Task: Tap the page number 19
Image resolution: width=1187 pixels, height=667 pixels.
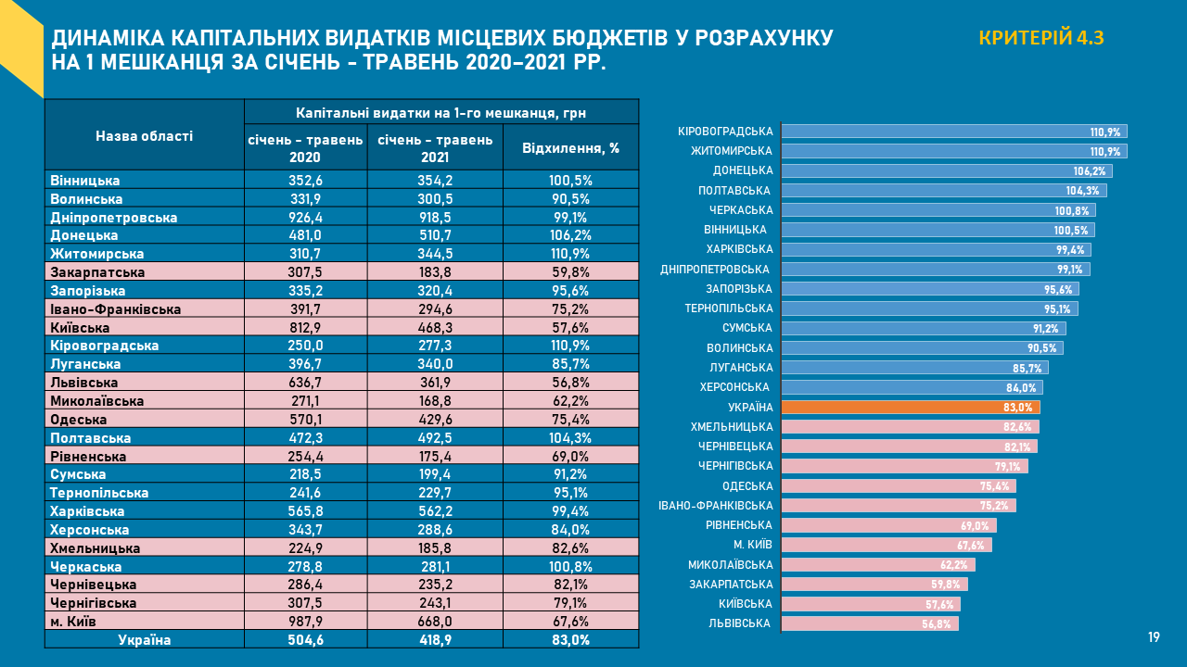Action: tap(1154, 637)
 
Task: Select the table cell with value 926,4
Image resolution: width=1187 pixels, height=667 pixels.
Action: tap(305, 217)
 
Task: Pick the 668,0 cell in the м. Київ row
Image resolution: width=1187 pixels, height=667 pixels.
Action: tap(435, 621)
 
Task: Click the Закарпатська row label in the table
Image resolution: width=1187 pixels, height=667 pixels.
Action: tap(98, 272)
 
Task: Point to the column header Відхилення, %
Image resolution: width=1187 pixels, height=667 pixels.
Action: tap(570, 148)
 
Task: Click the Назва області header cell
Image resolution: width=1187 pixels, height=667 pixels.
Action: tap(145, 136)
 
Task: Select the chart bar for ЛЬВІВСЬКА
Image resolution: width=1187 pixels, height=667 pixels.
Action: tap(869, 623)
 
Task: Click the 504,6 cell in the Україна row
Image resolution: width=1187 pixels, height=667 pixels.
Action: tap(305, 639)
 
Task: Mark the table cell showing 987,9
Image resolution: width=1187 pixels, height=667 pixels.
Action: tap(305, 621)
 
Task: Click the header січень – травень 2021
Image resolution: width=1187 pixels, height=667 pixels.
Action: tap(435, 148)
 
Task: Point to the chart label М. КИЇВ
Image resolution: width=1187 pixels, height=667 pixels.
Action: tap(752, 545)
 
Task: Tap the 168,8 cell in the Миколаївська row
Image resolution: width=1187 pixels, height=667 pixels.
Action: tap(435, 401)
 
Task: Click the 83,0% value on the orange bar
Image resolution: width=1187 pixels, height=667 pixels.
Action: tap(1017, 408)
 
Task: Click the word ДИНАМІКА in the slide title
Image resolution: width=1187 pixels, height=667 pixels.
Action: tap(110, 39)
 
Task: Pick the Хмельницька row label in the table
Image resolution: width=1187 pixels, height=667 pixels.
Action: tap(95, 547)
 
